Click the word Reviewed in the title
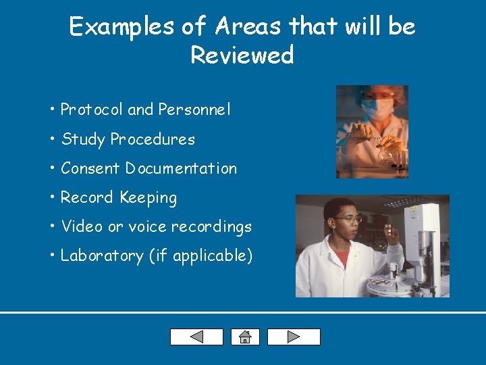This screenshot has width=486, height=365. [242, 55]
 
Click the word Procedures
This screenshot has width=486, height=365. [153, 139]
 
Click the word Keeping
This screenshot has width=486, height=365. [148, 198]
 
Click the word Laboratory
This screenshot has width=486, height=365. [103, 255]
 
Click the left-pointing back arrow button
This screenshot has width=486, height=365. [196, 337]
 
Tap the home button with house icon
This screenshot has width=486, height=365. [245, 337]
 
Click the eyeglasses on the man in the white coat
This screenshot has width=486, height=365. [348, 220]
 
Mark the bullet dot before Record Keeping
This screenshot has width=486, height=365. [51, 198]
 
